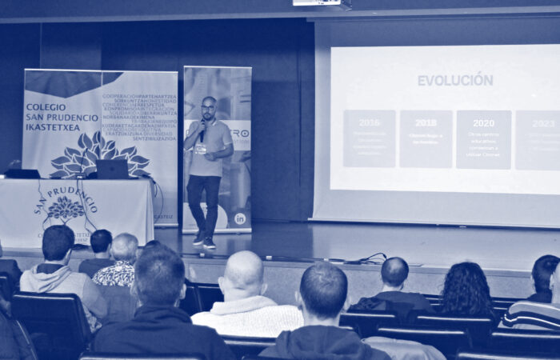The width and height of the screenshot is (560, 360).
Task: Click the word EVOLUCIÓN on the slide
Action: point(454,80)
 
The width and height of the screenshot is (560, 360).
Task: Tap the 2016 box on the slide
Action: point(369,138)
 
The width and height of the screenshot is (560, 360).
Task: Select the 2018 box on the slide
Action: point(426,138)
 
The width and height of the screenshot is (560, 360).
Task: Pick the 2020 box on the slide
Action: point(483,138)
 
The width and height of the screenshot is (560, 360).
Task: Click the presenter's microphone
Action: point(203,127)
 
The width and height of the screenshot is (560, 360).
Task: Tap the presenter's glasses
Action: point(208,107)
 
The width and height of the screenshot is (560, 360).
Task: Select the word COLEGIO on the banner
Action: point(46,106)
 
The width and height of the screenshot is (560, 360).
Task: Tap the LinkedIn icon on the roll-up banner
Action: point(239,218)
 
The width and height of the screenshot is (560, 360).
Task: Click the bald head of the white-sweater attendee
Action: point(244,271)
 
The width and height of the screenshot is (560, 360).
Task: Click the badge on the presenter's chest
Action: point(201,148)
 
